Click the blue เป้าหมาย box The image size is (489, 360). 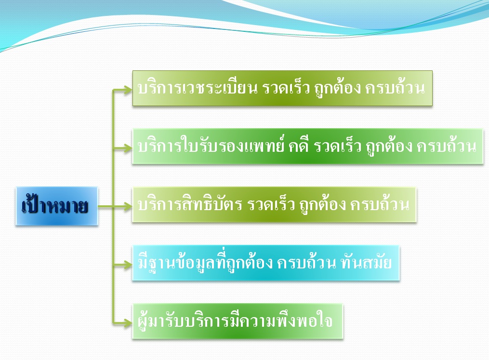[x=57, y=206]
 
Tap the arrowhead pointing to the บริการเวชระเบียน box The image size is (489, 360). [x=128, y=90]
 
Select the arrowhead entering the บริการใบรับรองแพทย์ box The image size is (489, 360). [x=128, y=148]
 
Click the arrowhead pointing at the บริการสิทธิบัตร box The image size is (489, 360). [x=128, y=206]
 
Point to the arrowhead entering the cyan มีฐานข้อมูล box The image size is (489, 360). [x=128, y=265]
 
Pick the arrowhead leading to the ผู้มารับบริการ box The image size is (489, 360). [x=128, y=322]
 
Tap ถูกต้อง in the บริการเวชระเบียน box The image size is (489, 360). [x=337, y=88]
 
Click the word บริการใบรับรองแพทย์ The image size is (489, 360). [x=211, y=146]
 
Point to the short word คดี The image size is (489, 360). [x=299, y=146]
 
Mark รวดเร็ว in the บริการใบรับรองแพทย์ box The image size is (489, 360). [x=337, y=146]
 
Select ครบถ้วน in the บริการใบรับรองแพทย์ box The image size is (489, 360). [x=447, y=146]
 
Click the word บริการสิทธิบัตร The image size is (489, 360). [x=190, y=204]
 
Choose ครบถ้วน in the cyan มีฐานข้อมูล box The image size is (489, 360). [x=306, y=263]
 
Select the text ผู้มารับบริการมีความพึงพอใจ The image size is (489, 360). [x=235, y=320]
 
